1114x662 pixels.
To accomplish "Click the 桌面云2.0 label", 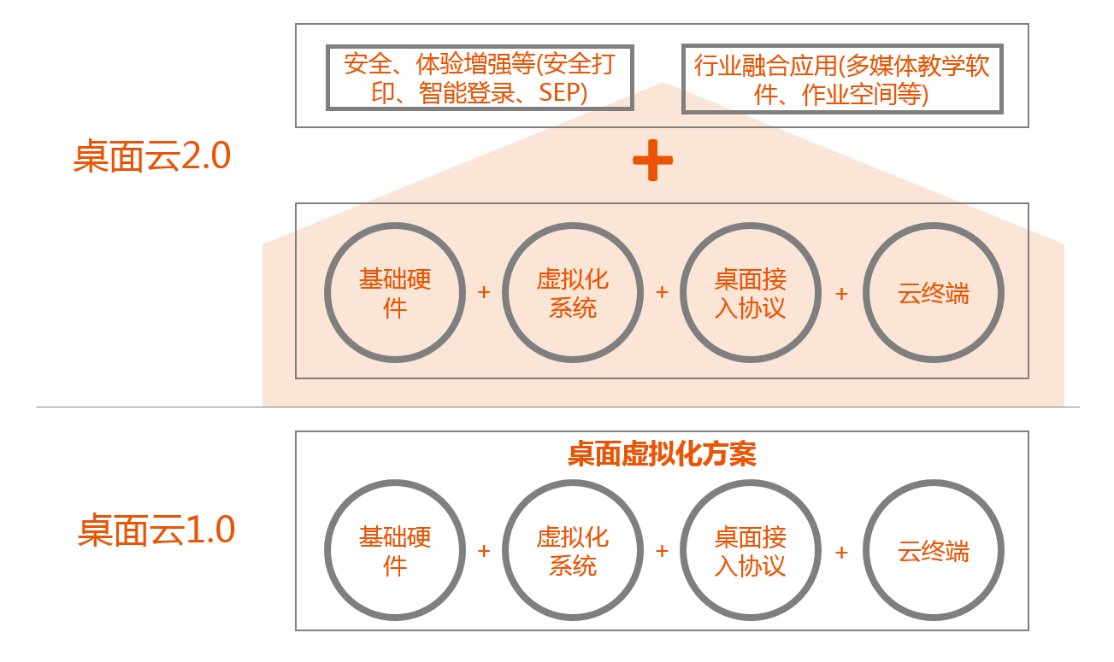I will (152, 158).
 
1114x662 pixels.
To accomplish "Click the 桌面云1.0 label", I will (156, 530).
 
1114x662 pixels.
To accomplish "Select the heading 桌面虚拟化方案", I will (662, 454).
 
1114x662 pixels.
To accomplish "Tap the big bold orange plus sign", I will (652, 161).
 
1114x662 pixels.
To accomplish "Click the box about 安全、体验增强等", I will (480, 78).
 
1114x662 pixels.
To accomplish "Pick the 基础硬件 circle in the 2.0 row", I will (394, 293).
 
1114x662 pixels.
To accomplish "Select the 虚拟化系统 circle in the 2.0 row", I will (572, 293).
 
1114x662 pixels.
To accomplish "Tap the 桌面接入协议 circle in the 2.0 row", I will (750, 293).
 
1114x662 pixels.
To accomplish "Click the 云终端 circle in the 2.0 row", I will (933, 293).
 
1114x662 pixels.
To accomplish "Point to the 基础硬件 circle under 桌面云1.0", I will (394, 551).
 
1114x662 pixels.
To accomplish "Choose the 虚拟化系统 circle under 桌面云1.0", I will (572, 551).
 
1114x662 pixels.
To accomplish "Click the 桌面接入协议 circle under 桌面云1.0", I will (750, 551).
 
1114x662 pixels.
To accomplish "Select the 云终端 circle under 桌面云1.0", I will (933, 551).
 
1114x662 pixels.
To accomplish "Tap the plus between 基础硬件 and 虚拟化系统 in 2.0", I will (484, 292).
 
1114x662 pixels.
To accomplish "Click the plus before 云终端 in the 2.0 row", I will (841, 293).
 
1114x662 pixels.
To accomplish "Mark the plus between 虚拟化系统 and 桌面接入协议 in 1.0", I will (662, 551).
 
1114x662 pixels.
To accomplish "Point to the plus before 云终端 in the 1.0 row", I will (841, 552).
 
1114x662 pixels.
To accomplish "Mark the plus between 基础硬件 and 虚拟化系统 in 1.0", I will (484, 551).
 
